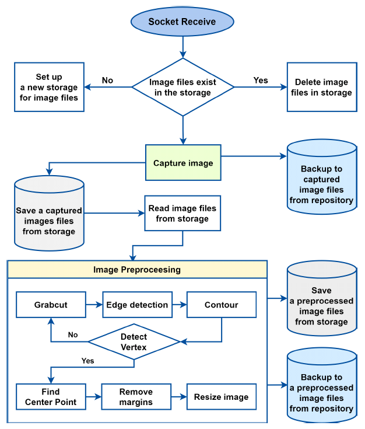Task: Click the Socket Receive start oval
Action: tap(182, 22)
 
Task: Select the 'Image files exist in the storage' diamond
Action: tap(183, 88)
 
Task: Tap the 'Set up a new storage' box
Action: tap(49, 88)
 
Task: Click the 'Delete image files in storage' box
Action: tap(321, 88)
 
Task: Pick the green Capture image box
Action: tap(183, 163)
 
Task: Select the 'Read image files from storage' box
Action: tap(182, 214)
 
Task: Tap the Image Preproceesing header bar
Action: tap(137, 270)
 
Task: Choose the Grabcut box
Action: tap(51, 305)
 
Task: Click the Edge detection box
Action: tap(137, 305)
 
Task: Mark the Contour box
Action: tap(221, 305)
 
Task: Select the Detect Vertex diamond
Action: tap(134, 342)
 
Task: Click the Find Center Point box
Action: tap(51, 397)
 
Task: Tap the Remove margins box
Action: tap(136, 397)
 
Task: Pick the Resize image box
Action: tap(221, 397)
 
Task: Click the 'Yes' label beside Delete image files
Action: tap(261, 80)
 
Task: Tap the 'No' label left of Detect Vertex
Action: tap(73, 335)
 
